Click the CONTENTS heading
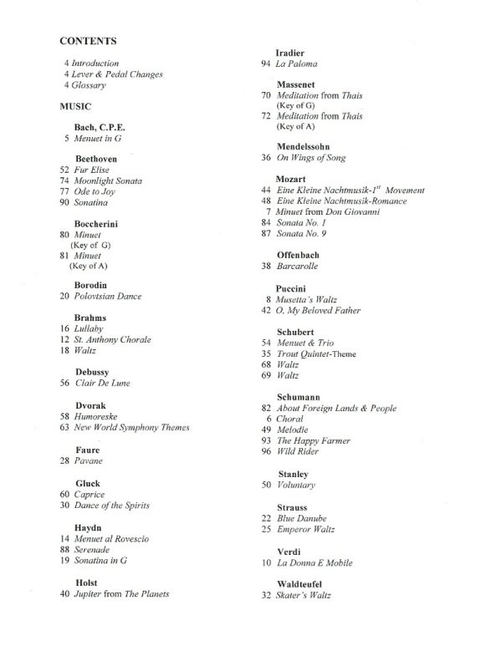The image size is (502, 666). point(88,40)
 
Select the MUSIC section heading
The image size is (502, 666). point(75,107)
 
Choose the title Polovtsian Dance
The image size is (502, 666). point(108,296)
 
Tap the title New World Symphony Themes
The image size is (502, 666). point(131,428)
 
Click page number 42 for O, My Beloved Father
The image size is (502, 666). point(267,311)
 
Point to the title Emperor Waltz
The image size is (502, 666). point(305,530)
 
